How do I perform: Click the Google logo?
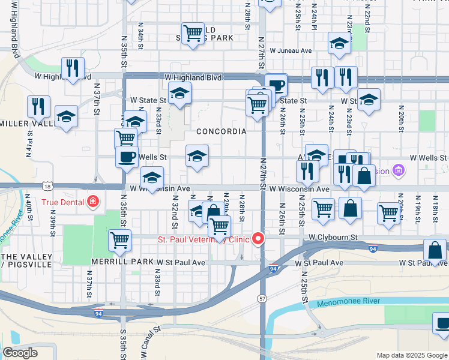20,353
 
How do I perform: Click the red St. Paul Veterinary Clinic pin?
259,239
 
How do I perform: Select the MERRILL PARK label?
123,262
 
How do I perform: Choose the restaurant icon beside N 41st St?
38,106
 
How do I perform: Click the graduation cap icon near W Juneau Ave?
339,43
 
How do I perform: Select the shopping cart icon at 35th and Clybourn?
120,239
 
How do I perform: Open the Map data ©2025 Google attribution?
412,355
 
